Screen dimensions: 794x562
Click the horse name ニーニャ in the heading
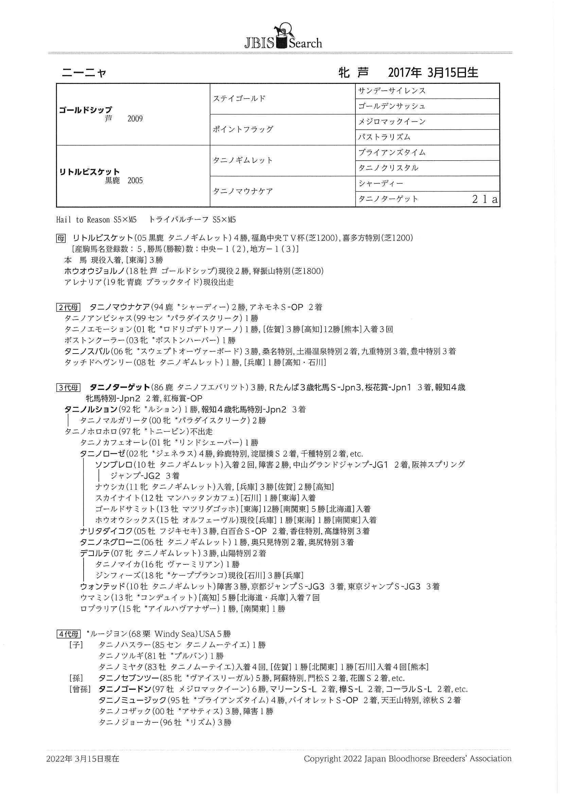pyautogui.click(x=84, y=73)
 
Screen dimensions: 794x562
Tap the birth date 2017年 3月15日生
pyautogui.click(x=433, y=73)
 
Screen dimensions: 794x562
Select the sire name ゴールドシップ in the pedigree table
pyautogui.click(x=85, y=110)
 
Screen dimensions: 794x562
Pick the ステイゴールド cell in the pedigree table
pyautogui.click(x=239, y=98)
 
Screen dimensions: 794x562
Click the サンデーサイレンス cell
pyautogui.click(x=392, y=91)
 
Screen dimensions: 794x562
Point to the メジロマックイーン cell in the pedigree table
pyautogui.click(x=392, y=122)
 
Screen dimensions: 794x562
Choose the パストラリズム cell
pyautogui.click(x=384, y=137)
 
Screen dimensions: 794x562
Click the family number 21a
pyautogui.click(x=485, y=199)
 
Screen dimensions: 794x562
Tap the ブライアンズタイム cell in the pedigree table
pyautogui.click(x=392, y=152)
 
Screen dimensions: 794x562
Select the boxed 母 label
pyautogui.click(x=61, y=238)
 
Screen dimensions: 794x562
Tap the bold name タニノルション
pyautogui.click(x=91, y=410)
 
